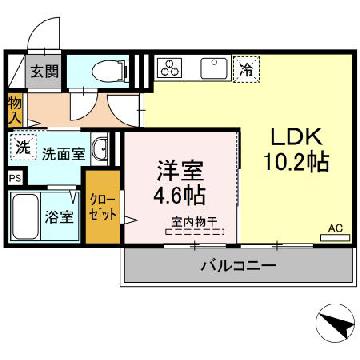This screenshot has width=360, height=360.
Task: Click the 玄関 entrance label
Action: pos(44,71)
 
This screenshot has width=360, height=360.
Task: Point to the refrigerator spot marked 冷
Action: pos(246,69)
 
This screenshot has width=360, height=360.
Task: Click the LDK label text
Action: pos(296,136)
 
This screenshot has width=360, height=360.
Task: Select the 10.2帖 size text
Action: pos(296,161)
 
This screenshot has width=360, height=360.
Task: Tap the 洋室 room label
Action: pos(179,171)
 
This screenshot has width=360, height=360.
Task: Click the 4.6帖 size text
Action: pos(179,195)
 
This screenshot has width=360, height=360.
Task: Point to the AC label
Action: pos(335,228)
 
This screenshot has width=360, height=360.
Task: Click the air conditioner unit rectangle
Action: pos(335,238)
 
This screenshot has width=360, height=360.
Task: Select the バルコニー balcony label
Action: pos(238,266)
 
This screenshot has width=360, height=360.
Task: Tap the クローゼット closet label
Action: pos(104,208)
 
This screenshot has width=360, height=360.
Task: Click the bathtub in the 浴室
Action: pos(25,216)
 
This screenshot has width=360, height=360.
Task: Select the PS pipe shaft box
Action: pos(15,178)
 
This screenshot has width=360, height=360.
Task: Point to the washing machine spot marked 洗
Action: pos(23,147)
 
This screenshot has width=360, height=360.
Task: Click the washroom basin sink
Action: pos(99,148)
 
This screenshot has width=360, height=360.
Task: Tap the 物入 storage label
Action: pos(14,110)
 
